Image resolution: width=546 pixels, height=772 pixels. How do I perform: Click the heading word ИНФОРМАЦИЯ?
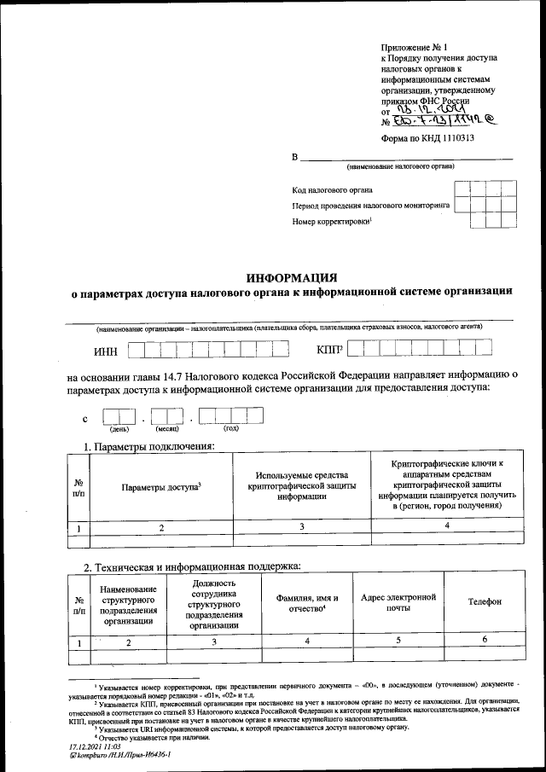click(x=292, y=277)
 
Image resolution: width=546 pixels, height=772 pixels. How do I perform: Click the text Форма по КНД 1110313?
click(x=427, y=137)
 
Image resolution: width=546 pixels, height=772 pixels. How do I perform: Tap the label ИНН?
click(x=105, y=351)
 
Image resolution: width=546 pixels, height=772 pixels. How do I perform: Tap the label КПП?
click(x=328, y=349)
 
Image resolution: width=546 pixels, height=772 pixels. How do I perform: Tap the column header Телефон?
click(x=484, y=602)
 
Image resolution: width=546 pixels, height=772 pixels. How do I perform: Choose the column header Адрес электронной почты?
click(x=398, y=602)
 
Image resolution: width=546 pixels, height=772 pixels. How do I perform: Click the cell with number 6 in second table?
click(x=484, y=641)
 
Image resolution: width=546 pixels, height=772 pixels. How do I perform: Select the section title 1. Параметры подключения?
click(x=148, y=446)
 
